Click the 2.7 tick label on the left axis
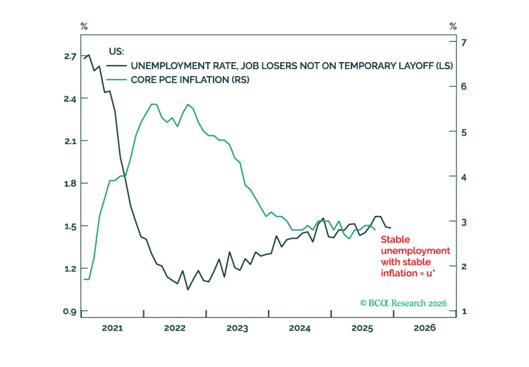pos(70,56)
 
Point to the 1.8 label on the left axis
pos(70,183)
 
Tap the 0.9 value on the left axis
pos(69,311)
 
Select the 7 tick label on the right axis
pos(464,43)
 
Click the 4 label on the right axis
pos(464,177)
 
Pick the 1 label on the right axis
pos(464,311)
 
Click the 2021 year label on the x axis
pos(112,328)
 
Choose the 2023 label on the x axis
pos(237,328)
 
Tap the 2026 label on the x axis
pos(425,328)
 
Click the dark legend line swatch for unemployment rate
pos(116,66)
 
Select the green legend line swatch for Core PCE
pos(116,80)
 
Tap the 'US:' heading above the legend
pos(116,52)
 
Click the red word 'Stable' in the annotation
pos(395,239)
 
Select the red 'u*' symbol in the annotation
pos(430,273)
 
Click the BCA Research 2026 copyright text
pos(403,303)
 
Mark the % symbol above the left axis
pos(84,26)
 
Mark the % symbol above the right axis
pos(453,26)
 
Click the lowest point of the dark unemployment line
pos(188,290)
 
